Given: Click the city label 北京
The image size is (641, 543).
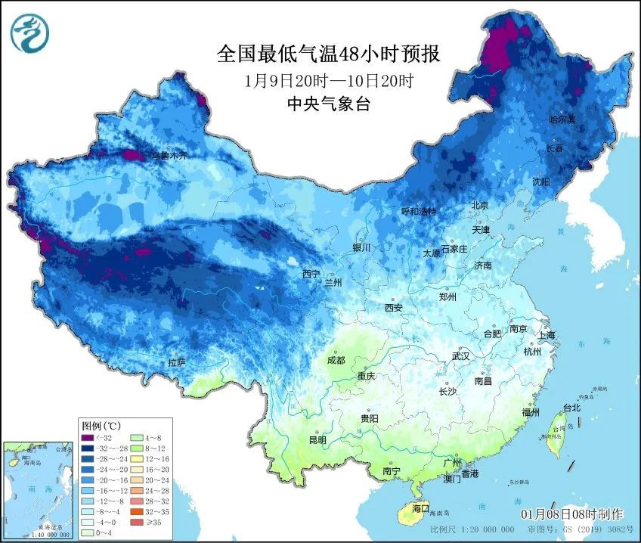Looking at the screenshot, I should click(x=480, y=206).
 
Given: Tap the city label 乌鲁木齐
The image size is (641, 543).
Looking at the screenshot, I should click(x=168, y=156).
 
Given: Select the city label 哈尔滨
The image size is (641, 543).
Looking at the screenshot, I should click(x=562, y=120).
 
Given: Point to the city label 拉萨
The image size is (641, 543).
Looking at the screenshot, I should click(x=176, y=363).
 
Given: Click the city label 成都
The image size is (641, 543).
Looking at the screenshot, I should click(x=337, y=361).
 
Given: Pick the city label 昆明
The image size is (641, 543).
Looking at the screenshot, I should click(x=317, y=439).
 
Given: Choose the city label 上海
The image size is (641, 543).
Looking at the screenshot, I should click(x=546, y=335).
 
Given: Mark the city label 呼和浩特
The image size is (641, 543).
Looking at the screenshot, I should click(x=419, y=211).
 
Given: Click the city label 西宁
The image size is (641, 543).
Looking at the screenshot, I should click(x=311, y=274).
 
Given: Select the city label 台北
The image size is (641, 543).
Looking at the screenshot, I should click(x=571, y=408).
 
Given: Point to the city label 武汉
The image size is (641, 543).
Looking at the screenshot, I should click(x=460, y=355).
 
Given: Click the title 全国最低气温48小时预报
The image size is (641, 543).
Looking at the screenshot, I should click(x=327, y=54).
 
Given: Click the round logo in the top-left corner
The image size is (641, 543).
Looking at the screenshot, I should click(x=29, y=32).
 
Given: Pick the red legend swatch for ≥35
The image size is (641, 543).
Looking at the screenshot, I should click(x=136, y=521).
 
